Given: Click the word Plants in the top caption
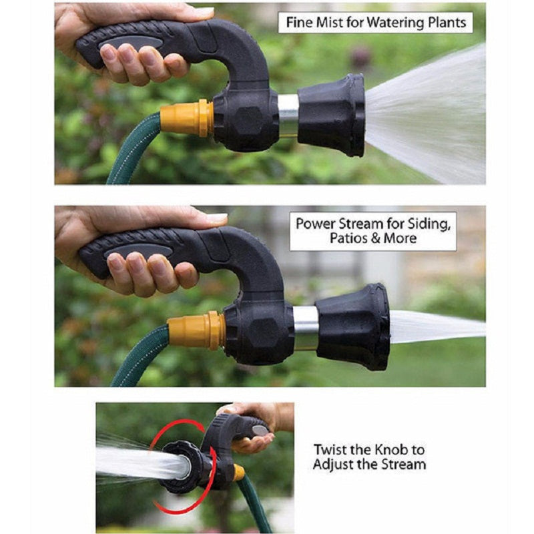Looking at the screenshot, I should coord(443,22).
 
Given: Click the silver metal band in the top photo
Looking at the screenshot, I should coord(288,115).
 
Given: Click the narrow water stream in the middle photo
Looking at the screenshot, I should coord(434,327).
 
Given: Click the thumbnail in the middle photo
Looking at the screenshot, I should coord(216,218).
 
